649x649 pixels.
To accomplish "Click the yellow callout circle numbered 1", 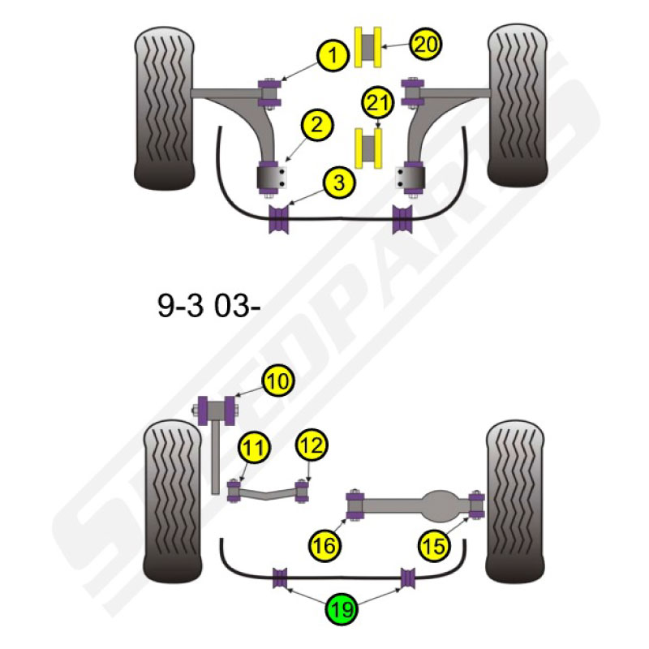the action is pyautogui.click(x=333, y=55).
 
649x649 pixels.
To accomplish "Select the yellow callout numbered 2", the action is pyautogui.click(x=317, y=125).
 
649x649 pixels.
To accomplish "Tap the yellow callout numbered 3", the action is pyautogui.click(x=339, y=183).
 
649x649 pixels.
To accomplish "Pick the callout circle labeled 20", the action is pyautogui.click(x=425, y=44).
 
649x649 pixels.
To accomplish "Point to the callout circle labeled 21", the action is pyautogui.click(x=378, y=103).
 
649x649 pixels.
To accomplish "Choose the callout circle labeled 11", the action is pyautogui.click(x=254, y=448).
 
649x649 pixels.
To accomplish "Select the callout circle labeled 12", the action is pyautogui.click(x=312, y=445).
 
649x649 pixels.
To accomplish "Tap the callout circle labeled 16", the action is pyautogui.click(x=324, y=545).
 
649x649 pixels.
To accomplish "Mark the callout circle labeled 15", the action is pyautogui.click(x=433, y=545).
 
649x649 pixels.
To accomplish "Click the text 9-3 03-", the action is pyautogui.click(x=208, y=307).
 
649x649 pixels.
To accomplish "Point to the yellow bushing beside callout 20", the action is pyautogui.click(x=368, y=47).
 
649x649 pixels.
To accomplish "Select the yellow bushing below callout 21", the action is pyautogui.click(x=368, y=148).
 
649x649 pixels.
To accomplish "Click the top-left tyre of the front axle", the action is pyautogui.click(x=165, y=109).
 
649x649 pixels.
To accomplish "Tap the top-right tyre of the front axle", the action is pyautogui.click(x=518, y=105).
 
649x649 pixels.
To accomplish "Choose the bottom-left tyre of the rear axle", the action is pyautogui.click(x=173, y=502).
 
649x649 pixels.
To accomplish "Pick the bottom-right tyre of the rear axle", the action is pyautogui.click(x=515, y=501).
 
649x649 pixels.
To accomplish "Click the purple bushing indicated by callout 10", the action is pyautogui.click(x=217, y=410).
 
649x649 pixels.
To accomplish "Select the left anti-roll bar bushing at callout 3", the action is pyautogui.click(x=277, y=218).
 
